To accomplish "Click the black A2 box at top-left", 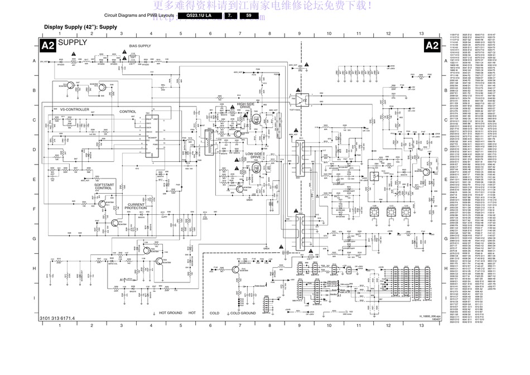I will click(49, 46).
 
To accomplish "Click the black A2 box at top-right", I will click(432, 46).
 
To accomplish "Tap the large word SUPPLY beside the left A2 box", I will click(73, 42).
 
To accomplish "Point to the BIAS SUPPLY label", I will click(140, 46).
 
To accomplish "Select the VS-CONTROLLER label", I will click(74, 110).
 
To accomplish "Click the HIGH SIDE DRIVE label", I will click(245, 106).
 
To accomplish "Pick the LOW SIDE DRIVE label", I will click(254, 156).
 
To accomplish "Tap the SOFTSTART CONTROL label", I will click(103, 186).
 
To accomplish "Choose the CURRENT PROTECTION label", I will click(136, 206).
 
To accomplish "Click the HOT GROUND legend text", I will click(171, 313).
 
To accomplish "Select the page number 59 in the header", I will click(249, 16).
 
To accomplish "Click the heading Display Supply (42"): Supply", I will click(80, 27).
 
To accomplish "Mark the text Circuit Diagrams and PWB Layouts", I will click(139, 16).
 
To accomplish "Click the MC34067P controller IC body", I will click(151, 137).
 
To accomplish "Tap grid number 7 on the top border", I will click(240, 35).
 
